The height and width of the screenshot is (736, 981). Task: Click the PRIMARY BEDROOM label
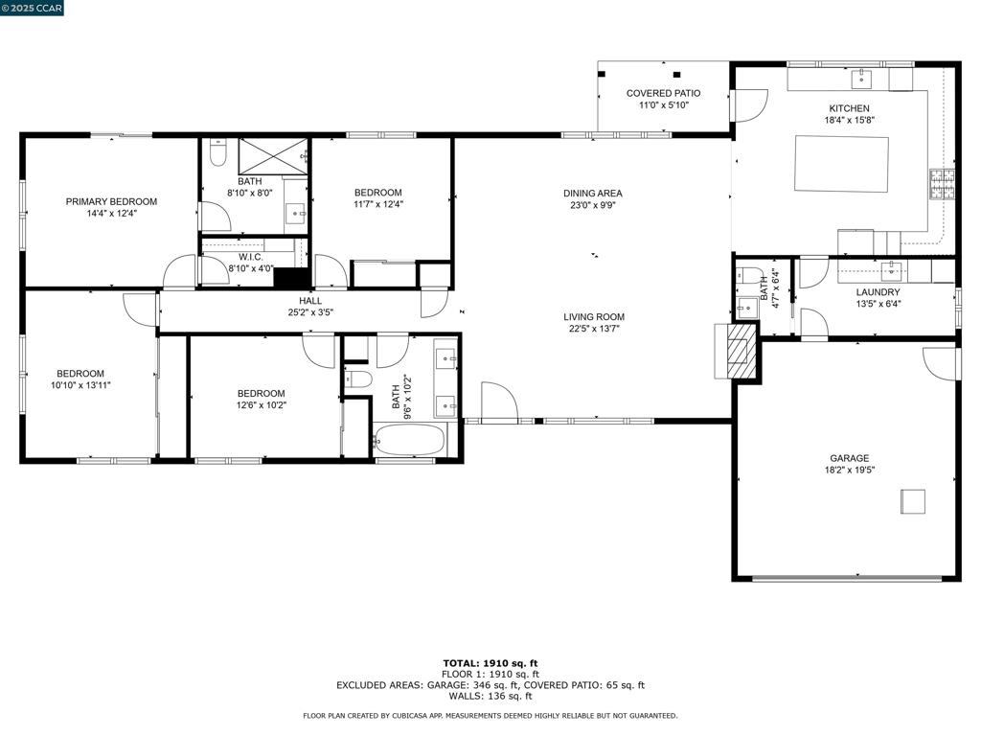tap(111, 201)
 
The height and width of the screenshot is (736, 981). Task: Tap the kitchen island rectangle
tap(841, 164)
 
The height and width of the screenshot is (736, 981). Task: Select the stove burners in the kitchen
tap(943, 184)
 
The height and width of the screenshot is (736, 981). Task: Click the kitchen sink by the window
tap(861, 80)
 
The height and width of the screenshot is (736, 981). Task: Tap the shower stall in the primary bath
tap(273, 156)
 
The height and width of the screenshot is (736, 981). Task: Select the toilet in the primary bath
tap(217, 152)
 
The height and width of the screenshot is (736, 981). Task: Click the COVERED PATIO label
tap(663, 93)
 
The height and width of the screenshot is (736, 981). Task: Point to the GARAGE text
tap(849, 458)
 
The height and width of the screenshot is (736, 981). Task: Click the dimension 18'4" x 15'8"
tap(849, 120)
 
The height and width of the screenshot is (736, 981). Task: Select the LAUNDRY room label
tap(878, 292)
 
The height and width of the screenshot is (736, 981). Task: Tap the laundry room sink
tap(891, 271)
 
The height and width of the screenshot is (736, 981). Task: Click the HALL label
tap(310, 301)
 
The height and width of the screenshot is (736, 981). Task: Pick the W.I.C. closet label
tap(250, 257)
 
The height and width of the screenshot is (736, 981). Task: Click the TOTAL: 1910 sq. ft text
tap(490, 663)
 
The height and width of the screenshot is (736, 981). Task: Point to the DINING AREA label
tap(592, 194)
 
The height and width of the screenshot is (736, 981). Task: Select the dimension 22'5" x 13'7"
tap(594, 328)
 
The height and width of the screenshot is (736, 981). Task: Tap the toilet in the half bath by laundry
tap(747, 275)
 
